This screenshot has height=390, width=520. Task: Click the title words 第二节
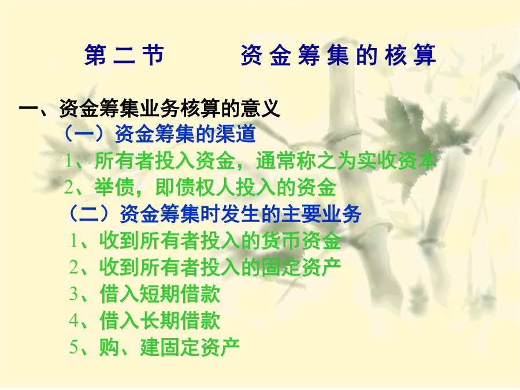124,55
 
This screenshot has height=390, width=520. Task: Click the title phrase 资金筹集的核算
338,55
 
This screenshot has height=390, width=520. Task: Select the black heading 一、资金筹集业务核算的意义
150,108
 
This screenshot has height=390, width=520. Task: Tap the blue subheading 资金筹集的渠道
185,134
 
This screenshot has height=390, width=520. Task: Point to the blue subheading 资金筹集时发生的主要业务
240,214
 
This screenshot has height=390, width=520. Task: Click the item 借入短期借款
159,294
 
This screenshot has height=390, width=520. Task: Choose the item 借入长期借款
159,320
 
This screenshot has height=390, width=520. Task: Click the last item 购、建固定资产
169,347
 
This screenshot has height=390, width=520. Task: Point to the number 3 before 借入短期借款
73,294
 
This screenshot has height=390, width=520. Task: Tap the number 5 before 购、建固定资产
73,348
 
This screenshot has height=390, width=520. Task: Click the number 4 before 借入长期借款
73,321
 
